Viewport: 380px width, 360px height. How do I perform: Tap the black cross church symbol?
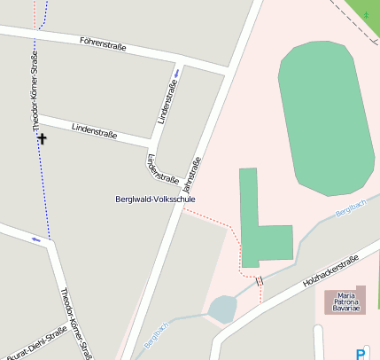41,138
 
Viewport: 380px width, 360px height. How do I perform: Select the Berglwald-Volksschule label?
155,200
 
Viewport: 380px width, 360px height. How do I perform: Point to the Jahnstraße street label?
190,175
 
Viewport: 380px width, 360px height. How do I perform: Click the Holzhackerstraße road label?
330,270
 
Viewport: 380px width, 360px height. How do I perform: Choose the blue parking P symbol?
361,353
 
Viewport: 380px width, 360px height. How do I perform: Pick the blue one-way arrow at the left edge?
36,239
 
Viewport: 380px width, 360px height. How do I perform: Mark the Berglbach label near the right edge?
351,209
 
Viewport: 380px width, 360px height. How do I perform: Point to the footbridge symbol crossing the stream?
260,280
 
